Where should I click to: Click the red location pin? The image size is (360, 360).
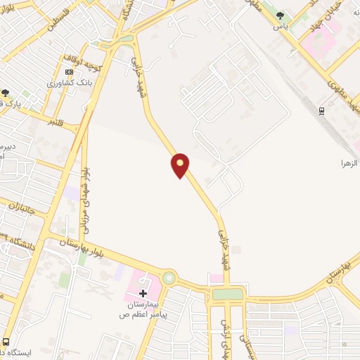[x=180, y=165]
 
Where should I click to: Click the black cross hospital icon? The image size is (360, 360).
[x=143, y=292]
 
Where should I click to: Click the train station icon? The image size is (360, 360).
[x=321, y=110]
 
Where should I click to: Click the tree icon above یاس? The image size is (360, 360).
[x=280, y=15]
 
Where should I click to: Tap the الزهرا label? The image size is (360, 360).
[x=349, y=162]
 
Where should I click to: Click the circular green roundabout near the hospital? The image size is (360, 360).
[x=169, y=278]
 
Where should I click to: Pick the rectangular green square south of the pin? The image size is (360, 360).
[x=226, y=295]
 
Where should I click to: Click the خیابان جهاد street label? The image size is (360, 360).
[x=325, y=23]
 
